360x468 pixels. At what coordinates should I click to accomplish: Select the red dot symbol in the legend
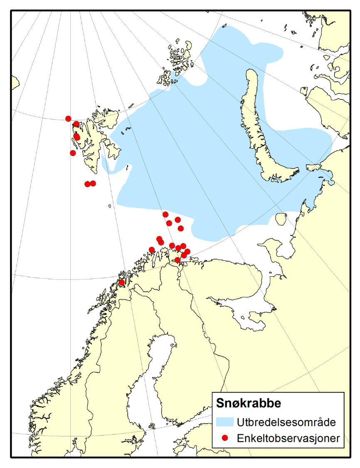(x=225, y=438)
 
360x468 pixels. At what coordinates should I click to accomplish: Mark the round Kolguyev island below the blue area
(x=281, y=218)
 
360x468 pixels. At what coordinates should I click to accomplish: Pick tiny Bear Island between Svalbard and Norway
(x=110, y=206)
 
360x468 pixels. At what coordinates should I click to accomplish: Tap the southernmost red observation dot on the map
(x=122, y=282)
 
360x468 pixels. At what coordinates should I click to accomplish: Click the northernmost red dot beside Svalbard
(x=69, y=119)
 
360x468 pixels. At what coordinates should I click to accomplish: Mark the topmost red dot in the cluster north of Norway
(x=165, y=214)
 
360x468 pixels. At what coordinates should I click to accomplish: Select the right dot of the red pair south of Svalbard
(x=93, y=183)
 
